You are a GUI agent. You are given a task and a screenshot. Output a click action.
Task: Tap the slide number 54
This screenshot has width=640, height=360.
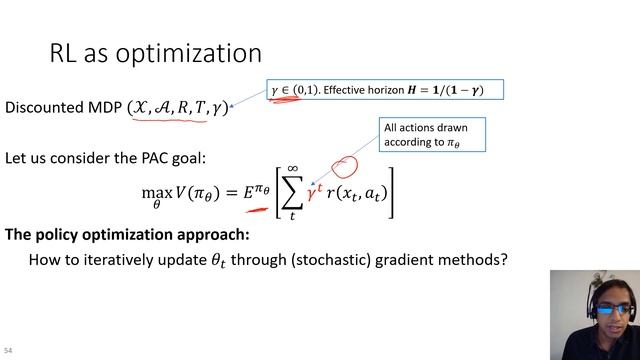(x=9, y=352)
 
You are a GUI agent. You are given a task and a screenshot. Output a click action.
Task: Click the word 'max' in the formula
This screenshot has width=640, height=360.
(x=154, y=192)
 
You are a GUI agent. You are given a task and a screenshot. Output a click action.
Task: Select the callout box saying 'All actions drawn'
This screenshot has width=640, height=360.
(x=433, y=135)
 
